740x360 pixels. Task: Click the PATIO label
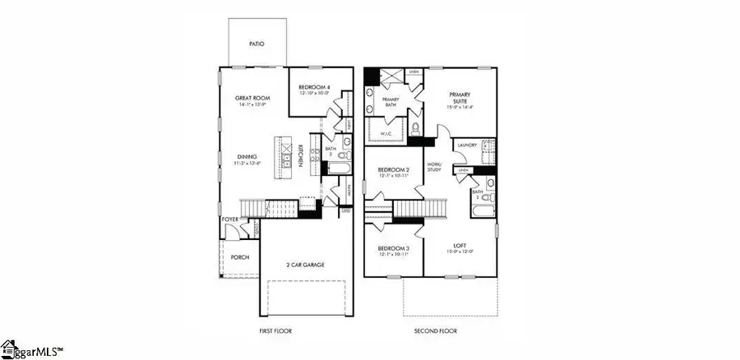[x=257, y=44]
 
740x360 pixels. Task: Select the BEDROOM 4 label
[x=313, y=87]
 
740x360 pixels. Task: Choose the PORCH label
[x=239, y=257]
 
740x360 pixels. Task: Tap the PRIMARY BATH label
[x=391, y=102]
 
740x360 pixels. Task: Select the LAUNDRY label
[x=467, y=145]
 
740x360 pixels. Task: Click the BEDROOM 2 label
[x=394, y=170]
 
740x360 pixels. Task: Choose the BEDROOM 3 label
[x=394, y=248]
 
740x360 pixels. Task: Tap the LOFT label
[x=460, y=245]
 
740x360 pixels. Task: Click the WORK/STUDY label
[x=434, y=168]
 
